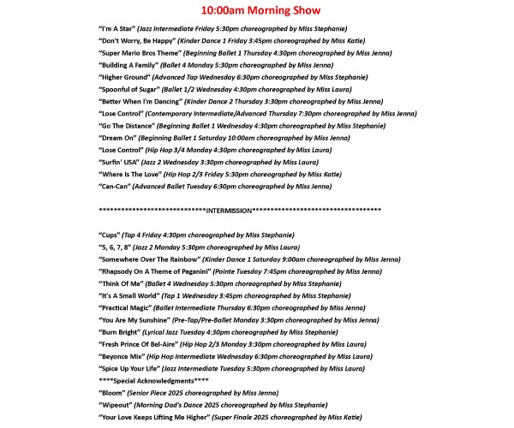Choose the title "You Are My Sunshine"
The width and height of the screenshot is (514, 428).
coord(137,319)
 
